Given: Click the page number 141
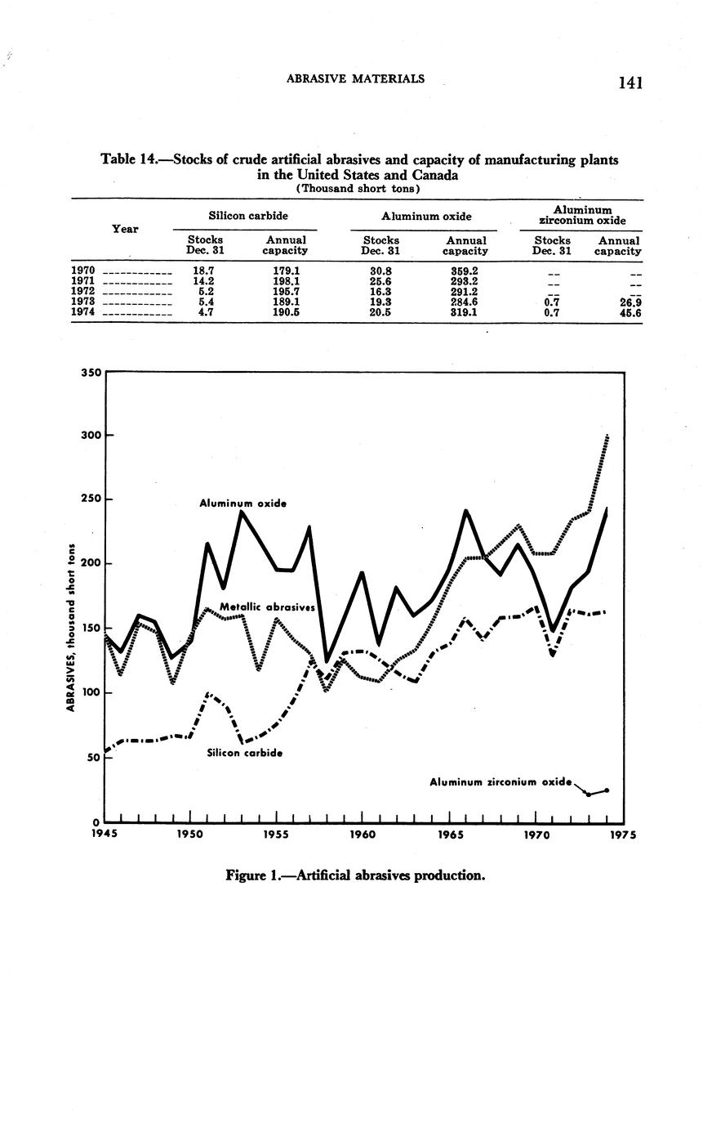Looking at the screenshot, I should [x=632, y=82].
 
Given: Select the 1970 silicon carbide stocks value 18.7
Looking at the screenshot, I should [x=203, y=271].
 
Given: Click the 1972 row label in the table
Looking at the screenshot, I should [x=84, y=291].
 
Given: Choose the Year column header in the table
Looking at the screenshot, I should [x=124, y=229].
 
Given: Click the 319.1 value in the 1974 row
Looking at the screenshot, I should [x=464, y=312].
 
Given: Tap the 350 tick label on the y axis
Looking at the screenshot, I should [x=90, y=373].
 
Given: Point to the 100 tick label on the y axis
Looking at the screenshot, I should [x=90, y=692].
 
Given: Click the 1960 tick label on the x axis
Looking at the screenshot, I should [x=363, y=836].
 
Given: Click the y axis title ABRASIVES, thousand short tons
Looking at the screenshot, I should [x=72, y=628].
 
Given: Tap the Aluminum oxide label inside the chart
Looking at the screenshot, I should [x=242, y=504].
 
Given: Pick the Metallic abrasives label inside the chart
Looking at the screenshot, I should [x=268, y=607].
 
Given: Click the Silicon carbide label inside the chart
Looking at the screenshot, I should [x=245, y=753].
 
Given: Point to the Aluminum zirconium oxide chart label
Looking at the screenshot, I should [x=501, y=782].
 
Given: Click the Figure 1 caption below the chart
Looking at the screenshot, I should [x=355, y=875].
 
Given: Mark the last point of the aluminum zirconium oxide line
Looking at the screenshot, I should [x=607, y=790].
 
